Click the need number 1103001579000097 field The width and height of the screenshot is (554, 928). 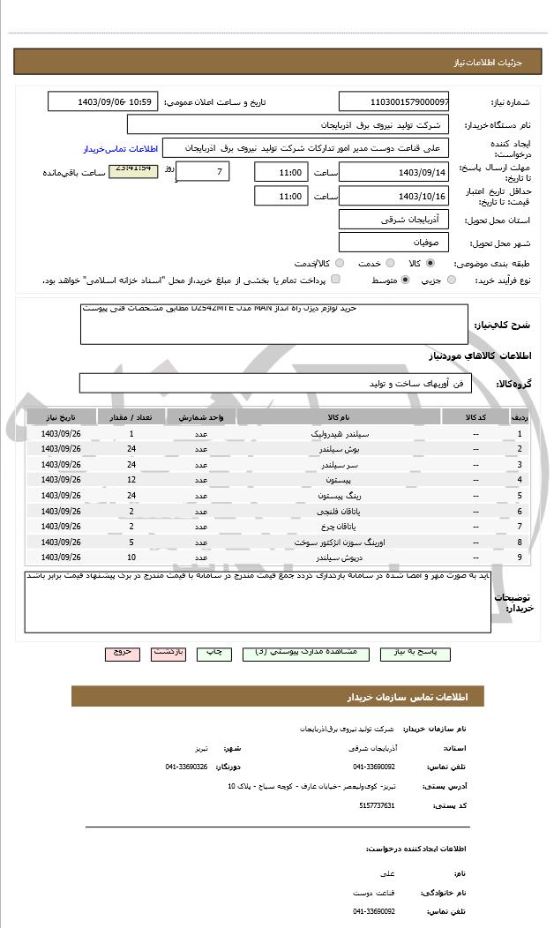pyautogui.click(x=393, y=101)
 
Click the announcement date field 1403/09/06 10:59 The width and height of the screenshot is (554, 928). pyautogui.click(x=102, y=101)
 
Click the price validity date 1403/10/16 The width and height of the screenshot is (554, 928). pyautogui.click(x=393, y=196)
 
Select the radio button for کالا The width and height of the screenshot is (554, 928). pyautogui.click(x=430, y=264)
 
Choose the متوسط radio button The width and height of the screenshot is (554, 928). pyautogui.click(x=405, y=280)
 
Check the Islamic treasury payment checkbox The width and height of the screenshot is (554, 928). pyautogui.click(x=335, y=280)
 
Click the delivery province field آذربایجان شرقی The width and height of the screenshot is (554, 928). pyautogui.click(x=393, y=219)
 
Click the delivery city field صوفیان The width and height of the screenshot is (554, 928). pyautogui.click(x=393, y=242)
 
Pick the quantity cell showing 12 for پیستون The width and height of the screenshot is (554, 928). pyautogui.click(x=131, y=480)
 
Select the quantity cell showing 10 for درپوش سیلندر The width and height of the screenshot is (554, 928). pyautogui.click(x=131, y=558)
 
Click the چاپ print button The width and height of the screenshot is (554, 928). pyautogui.click(x=214, y=653)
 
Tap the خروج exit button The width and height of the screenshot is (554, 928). pyautogui.click(x=122, y=653)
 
